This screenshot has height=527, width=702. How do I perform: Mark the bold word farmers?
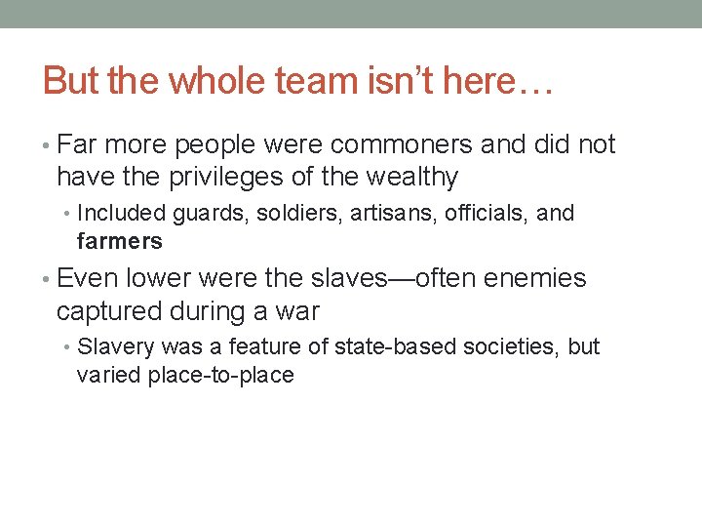pyautogui.click(x=119, y=240)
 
